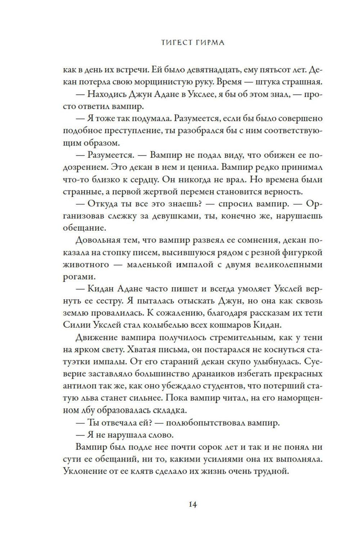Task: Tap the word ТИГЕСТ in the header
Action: pyautogui.click(x=169, y=43)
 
